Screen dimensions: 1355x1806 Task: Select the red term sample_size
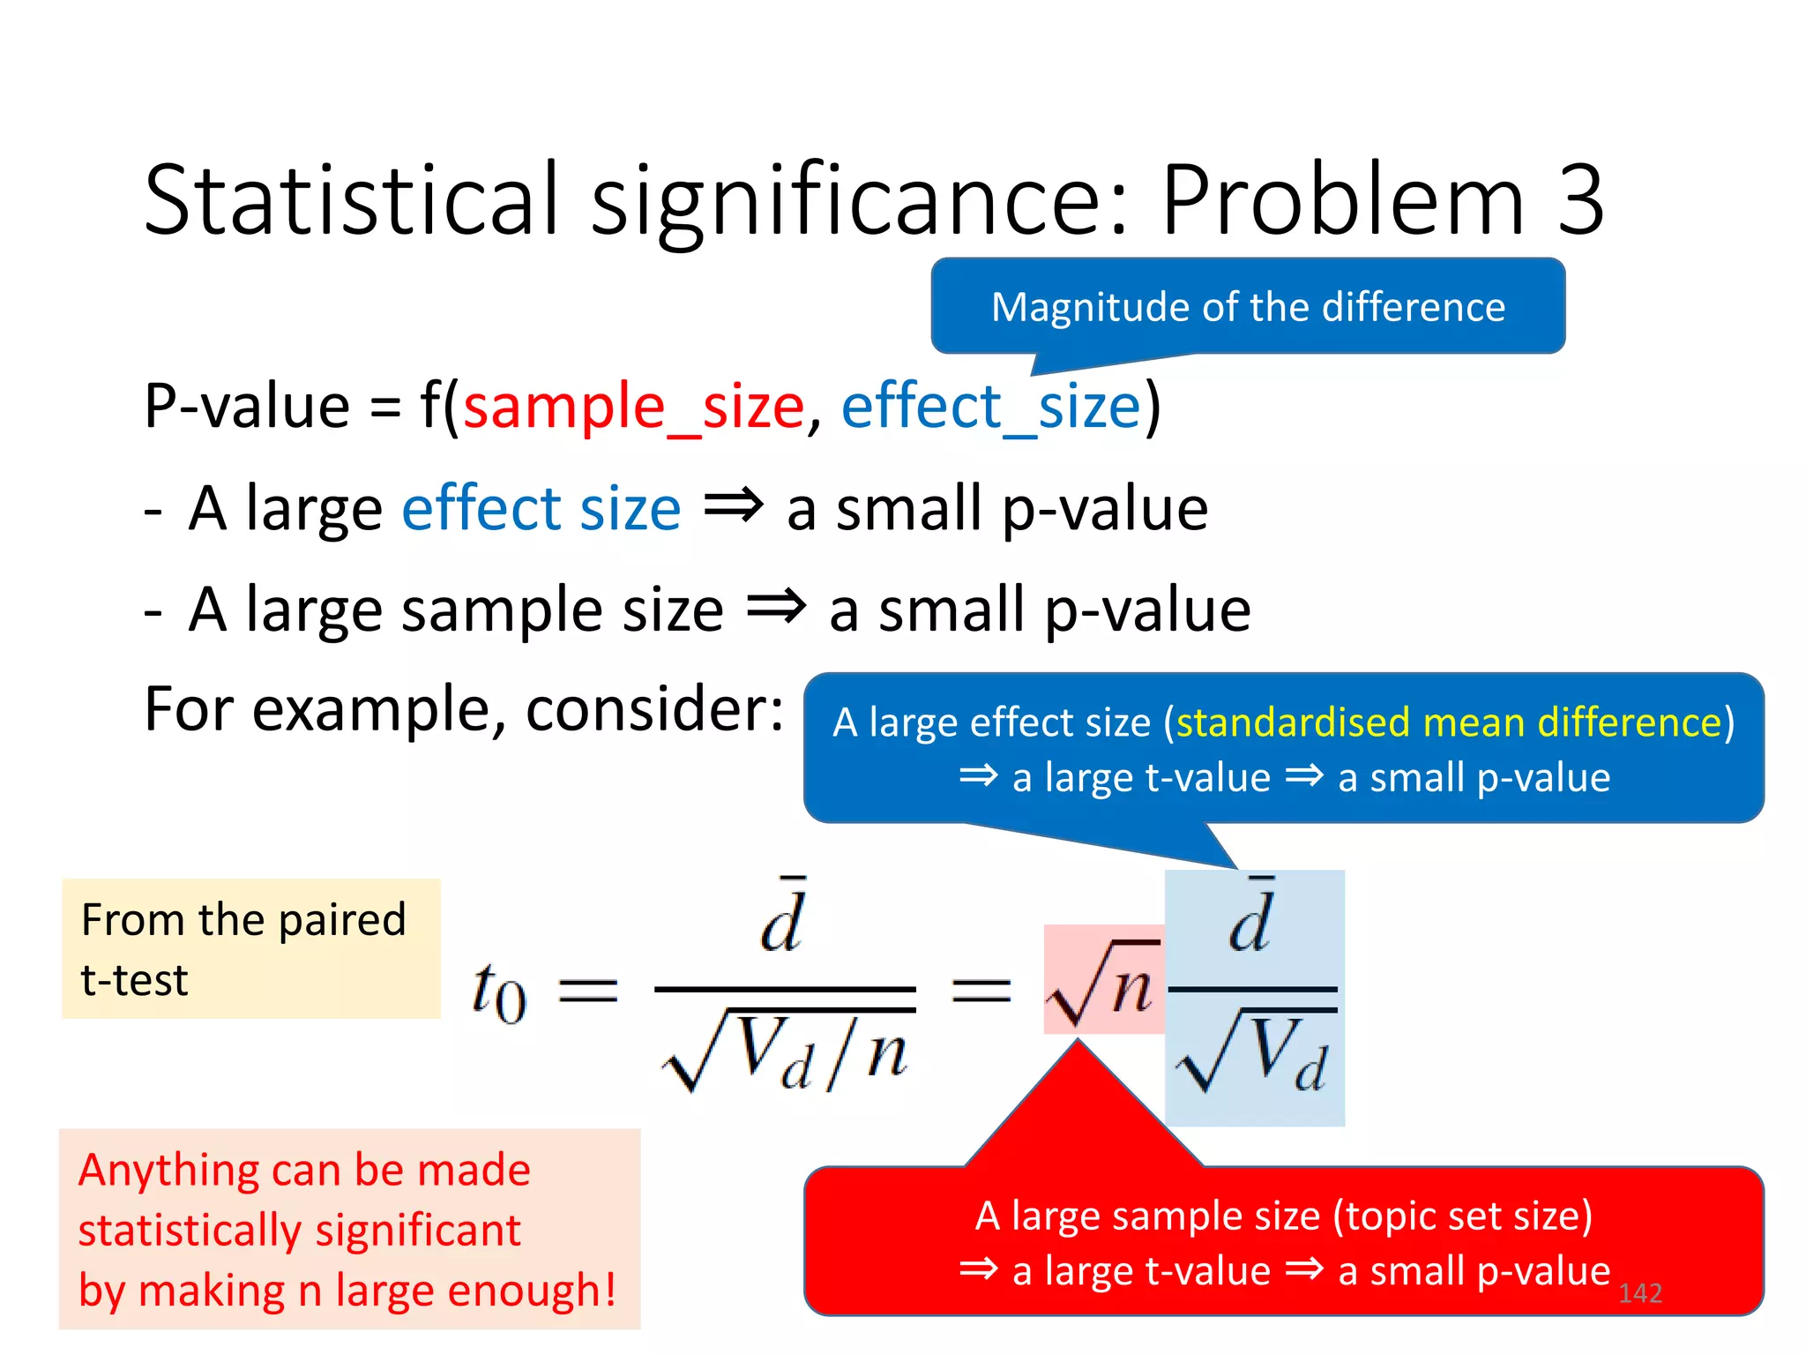pos(634,407)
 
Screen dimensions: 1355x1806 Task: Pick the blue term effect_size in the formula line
pos(991,407)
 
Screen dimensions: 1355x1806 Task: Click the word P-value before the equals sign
pos(247,407)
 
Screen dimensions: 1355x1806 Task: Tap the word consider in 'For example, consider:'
pos(653,710)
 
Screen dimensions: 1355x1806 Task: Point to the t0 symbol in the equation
pos(499,992)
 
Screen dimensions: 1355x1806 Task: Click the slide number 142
pos(1639,1293)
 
